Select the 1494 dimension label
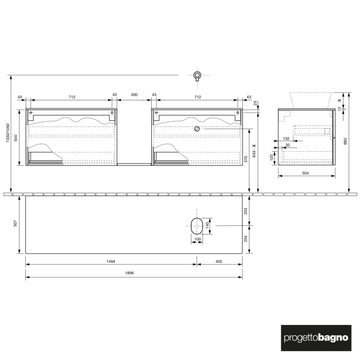pyautogui.click(x=111, y=261)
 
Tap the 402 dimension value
pyautogui.click(x=219, y=261)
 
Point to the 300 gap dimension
pyautogui.click(x=134, y=95)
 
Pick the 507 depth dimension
pyautogui.click(x=16, y=224)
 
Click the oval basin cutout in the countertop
pyautogui.click(x=197, y=225)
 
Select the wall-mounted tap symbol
pyautogui.click(x=197, y=77)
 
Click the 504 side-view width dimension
pyautogui.click(x=305, y=173)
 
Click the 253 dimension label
pyautogui.click(x=246, y=210)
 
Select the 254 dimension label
pyautogui.click(x=246, y=239)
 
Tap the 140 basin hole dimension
pyautogui.click(x=208, y=225)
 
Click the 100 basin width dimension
pyautogui.click(x=197, y=239)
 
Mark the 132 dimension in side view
pyautogui.click(x=286, y=138)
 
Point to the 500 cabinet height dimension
pyautogui.click(x=16, y=138)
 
